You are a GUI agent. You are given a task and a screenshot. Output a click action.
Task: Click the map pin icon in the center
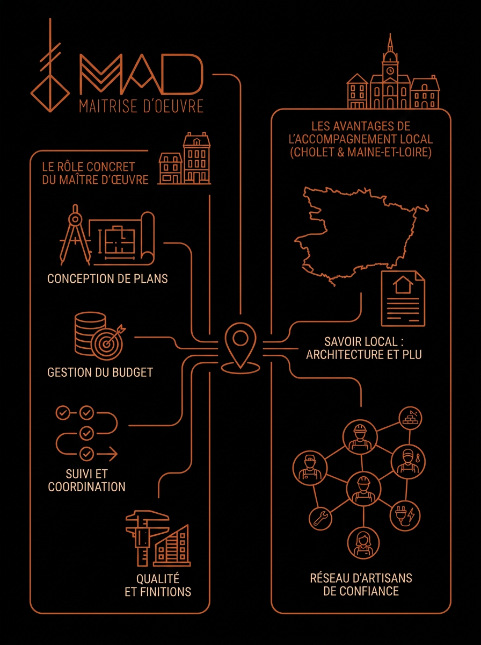[x=240, y=348]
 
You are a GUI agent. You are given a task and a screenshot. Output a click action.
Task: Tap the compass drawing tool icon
[x=75, y=234]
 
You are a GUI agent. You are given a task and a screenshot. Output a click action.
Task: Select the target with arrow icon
[x=108, y=342]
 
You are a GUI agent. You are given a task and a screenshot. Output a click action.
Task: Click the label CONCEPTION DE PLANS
[x=107, y=278]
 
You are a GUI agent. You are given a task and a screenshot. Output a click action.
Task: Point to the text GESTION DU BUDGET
[x=100, y=372]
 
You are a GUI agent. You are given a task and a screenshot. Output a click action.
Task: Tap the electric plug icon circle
[x=405, y=516]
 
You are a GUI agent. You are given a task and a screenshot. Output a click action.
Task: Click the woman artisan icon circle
[x=363, y=543]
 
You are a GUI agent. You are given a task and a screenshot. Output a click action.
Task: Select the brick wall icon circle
[x=410, y=418]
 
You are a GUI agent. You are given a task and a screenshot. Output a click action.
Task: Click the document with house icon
[x=403, y=298]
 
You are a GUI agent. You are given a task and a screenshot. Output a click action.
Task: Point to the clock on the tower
[x=390, y=71]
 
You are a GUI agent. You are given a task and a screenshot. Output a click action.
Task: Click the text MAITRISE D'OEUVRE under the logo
[x=141, y=106]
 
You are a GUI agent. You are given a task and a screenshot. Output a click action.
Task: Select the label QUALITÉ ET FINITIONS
[x=158, y=585]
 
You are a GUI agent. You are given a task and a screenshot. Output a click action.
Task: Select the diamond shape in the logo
[x=50, y=94]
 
